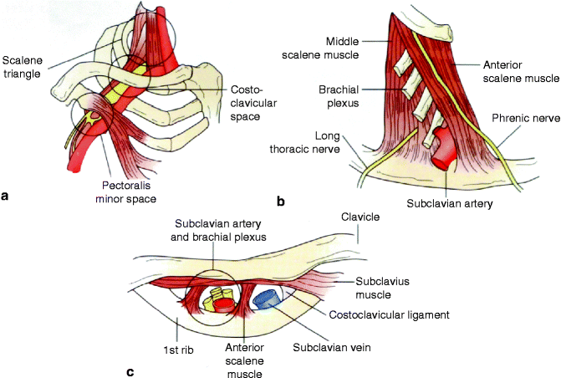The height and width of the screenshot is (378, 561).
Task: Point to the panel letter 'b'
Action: [x=280, y=201]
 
